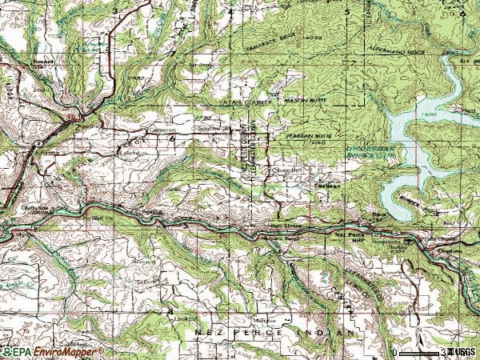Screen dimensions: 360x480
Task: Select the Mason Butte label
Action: click(301, 100)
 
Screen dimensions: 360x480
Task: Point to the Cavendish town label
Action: click(286, 170)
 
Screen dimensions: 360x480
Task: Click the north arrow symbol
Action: click(418, 335)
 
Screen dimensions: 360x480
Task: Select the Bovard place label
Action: click(41, 60)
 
